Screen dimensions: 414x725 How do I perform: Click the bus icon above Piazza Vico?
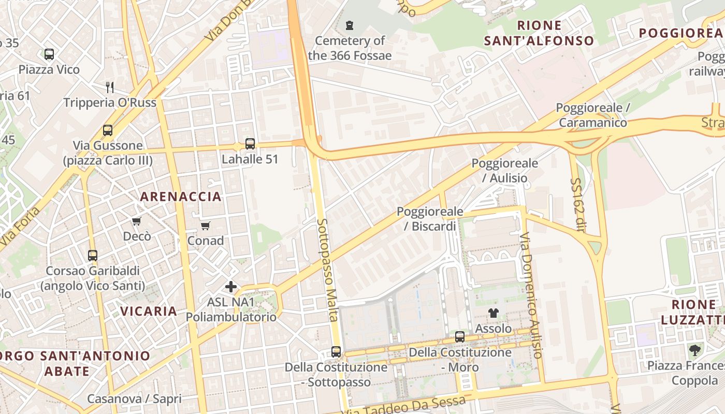coord(49,54)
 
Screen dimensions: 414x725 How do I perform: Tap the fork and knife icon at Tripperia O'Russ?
coord(109,86)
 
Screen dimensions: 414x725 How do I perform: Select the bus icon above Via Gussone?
coord(108,130)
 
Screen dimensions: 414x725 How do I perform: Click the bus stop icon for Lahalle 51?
coord(250,143)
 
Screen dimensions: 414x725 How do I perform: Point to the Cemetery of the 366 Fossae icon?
coord(350,25)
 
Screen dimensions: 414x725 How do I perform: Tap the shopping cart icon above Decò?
coord(137,221)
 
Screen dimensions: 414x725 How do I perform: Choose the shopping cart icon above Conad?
coord(206,226)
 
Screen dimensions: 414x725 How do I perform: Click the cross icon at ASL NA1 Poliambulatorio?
coord(231,286)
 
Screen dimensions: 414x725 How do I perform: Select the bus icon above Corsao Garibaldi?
coord(93,255)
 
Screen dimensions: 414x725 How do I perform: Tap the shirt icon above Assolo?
coord(493,313)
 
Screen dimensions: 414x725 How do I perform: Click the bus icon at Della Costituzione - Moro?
coord(460,337)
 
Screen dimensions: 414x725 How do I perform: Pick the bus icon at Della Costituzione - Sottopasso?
coord(336,352)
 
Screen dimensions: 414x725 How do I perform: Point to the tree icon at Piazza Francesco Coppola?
coord(694,350)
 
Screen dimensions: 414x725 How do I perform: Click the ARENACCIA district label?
coord(181,197)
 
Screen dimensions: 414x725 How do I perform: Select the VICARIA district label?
coord(149,311)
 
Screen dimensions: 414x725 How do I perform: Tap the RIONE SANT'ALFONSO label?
coord(539,33)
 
